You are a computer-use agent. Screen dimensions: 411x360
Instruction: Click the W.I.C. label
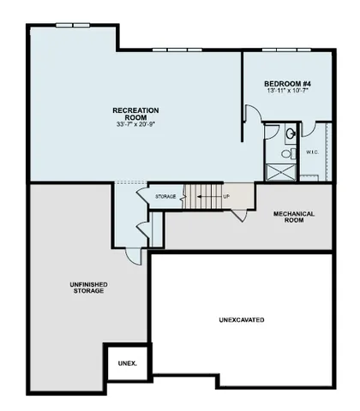(x=312, y=152)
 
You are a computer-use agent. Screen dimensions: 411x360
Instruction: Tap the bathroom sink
(x=290, y=133)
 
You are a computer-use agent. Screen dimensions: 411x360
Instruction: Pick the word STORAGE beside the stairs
(x=165, y=197)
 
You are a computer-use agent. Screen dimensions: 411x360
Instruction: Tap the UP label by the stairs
(x=226, y=197)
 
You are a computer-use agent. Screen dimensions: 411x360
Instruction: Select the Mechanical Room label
(x=294, y=217)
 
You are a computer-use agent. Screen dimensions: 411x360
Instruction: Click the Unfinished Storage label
(x=87, y=287)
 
